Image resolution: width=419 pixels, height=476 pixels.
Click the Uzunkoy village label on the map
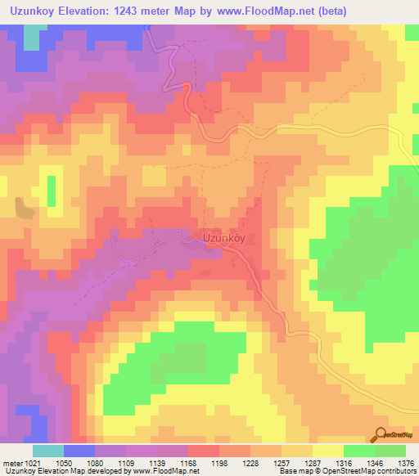coord(223,239)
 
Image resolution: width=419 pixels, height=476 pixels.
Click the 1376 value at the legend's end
coord(406,464)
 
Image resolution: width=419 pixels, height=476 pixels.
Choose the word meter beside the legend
coord(11,464)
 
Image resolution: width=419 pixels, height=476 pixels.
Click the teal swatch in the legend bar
coord(48,451)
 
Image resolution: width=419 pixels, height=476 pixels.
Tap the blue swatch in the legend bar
coord(79,451)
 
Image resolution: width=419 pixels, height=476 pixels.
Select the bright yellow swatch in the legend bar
coord(328,451)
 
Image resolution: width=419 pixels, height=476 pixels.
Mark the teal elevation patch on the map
coord(34,37)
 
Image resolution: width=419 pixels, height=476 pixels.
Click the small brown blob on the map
coord(25,208)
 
